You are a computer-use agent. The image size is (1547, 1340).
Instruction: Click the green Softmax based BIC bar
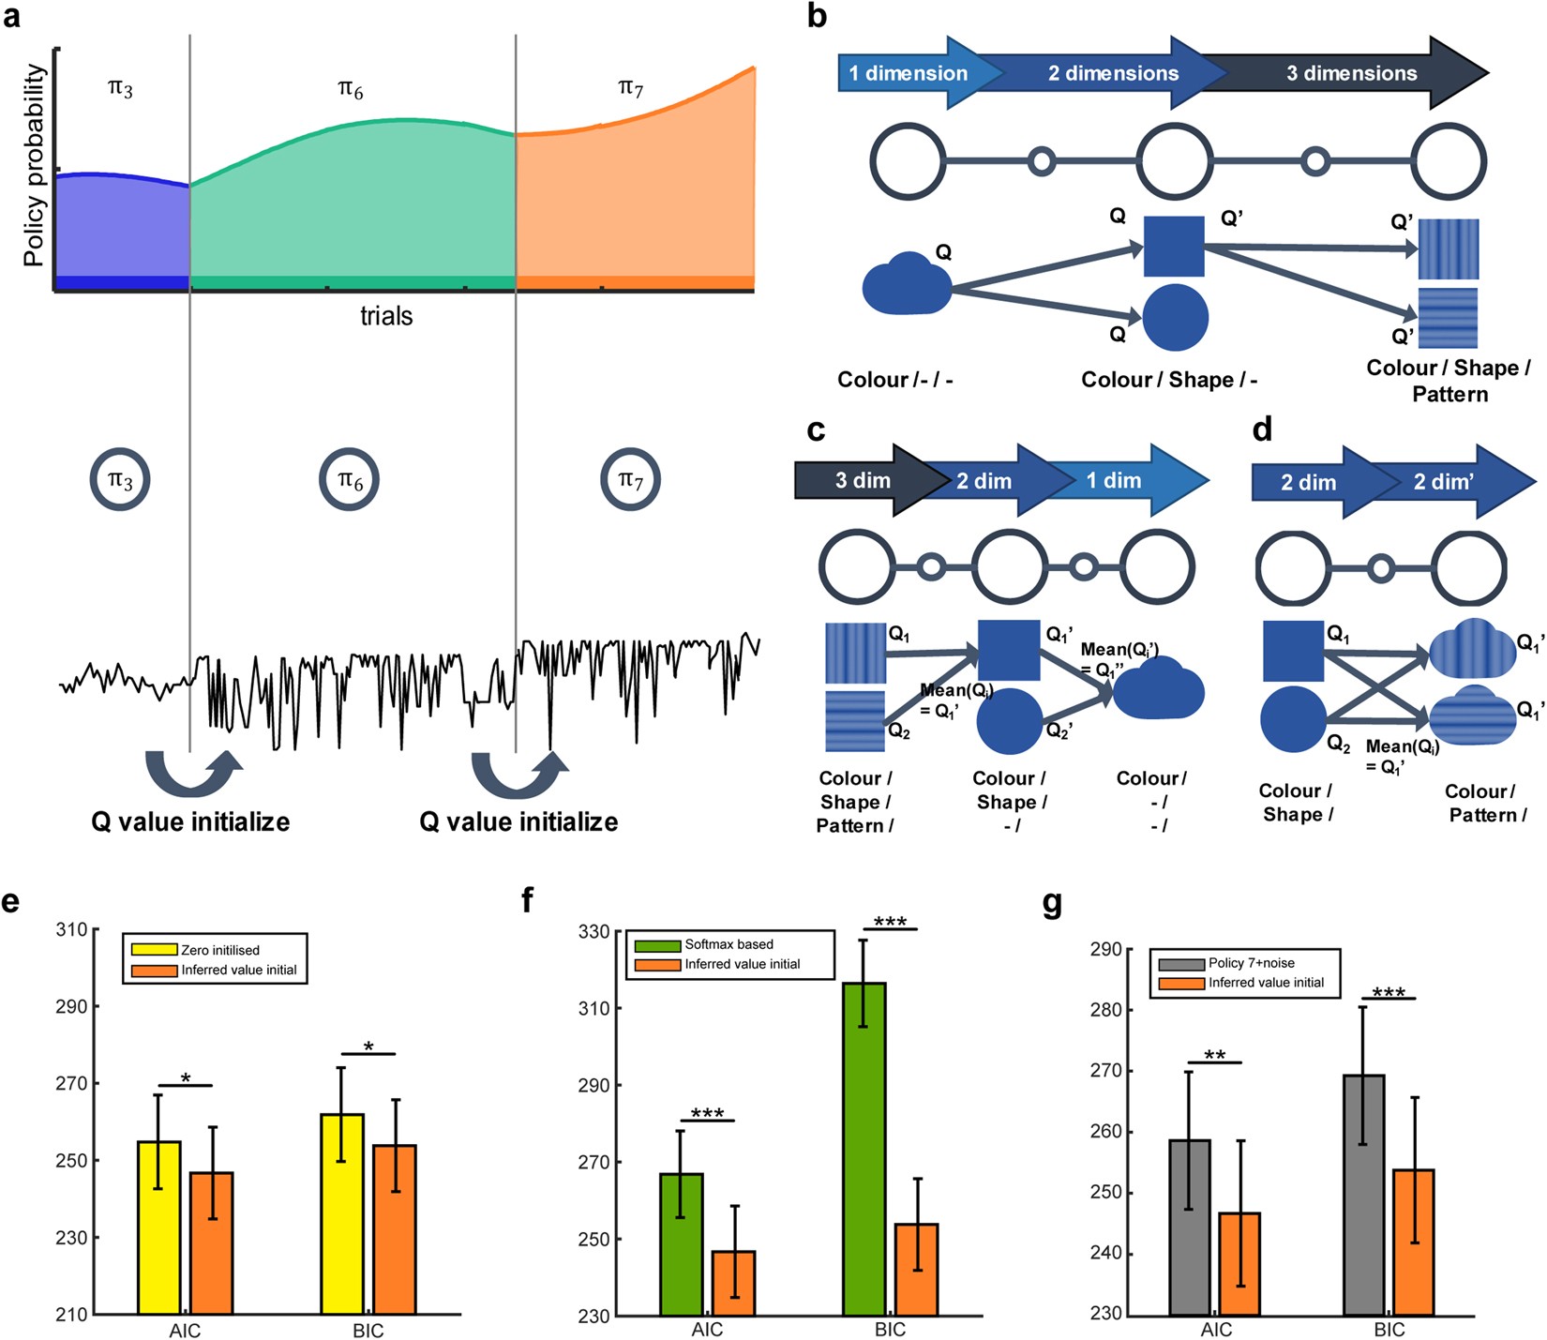click(x=864, y=1148)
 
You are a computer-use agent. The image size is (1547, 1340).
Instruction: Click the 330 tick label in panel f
click(x=594, y=932)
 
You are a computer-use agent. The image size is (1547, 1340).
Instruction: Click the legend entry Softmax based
click(x=728, y=944)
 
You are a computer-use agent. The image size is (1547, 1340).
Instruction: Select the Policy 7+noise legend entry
click(x=1251, y=963)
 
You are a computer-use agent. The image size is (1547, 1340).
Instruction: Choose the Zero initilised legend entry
click(x=220, y=950)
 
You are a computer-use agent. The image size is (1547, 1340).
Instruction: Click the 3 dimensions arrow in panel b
click(x=1351, y=73)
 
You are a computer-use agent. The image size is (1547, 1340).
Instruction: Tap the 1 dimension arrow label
click(x=908, y=73)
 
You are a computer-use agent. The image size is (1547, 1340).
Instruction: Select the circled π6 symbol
click(x=350, y=480)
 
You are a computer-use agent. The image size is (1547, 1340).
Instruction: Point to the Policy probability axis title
click(x=34, y=165)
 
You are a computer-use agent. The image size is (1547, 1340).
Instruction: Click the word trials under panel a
click(x=386, y=316)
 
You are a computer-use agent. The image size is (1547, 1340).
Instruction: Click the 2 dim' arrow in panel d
click(x=1444, y=482)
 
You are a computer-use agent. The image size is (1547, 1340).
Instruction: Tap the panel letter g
click(x=1053, y=902)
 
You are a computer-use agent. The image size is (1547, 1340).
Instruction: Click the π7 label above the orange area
click(x=631, y=88)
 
